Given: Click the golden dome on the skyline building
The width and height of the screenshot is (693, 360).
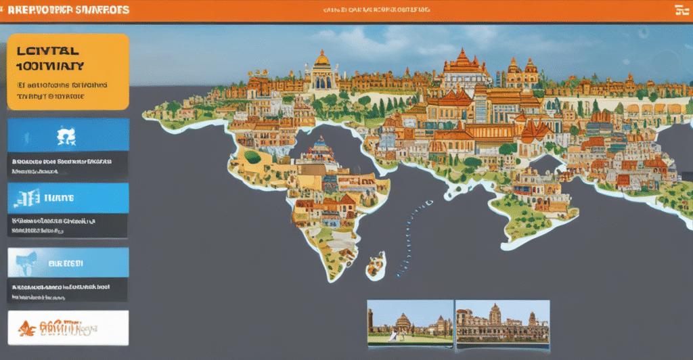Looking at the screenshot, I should pos(321,60).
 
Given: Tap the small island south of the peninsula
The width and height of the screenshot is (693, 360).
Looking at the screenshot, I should pos(376,265).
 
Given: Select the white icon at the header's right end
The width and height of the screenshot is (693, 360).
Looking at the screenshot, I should pos(680,10).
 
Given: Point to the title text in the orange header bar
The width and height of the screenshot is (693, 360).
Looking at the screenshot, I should pos(66,11).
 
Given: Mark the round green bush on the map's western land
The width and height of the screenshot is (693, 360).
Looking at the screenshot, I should pos(252,157).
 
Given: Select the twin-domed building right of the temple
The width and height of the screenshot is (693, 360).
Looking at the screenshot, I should pos(522,71).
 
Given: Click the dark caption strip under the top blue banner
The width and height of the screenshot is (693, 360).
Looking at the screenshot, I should pos(68,166).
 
